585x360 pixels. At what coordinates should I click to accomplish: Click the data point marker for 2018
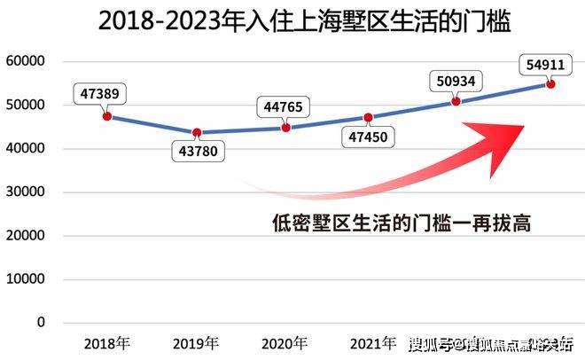[107, 116]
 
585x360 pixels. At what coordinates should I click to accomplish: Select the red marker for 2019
[197, 133]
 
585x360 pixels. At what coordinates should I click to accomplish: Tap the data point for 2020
[285, 128]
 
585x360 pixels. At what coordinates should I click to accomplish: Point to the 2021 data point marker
[369, 117]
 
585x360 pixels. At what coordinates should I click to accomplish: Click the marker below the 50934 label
[456, 101]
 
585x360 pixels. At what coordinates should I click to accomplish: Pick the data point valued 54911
[550, 83]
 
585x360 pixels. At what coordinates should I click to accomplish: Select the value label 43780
[197, 152]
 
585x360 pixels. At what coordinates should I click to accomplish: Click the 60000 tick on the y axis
[27, 62]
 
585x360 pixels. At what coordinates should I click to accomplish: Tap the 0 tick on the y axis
[41, 322]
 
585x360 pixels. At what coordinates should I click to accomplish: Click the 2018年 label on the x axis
[105, 343]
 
